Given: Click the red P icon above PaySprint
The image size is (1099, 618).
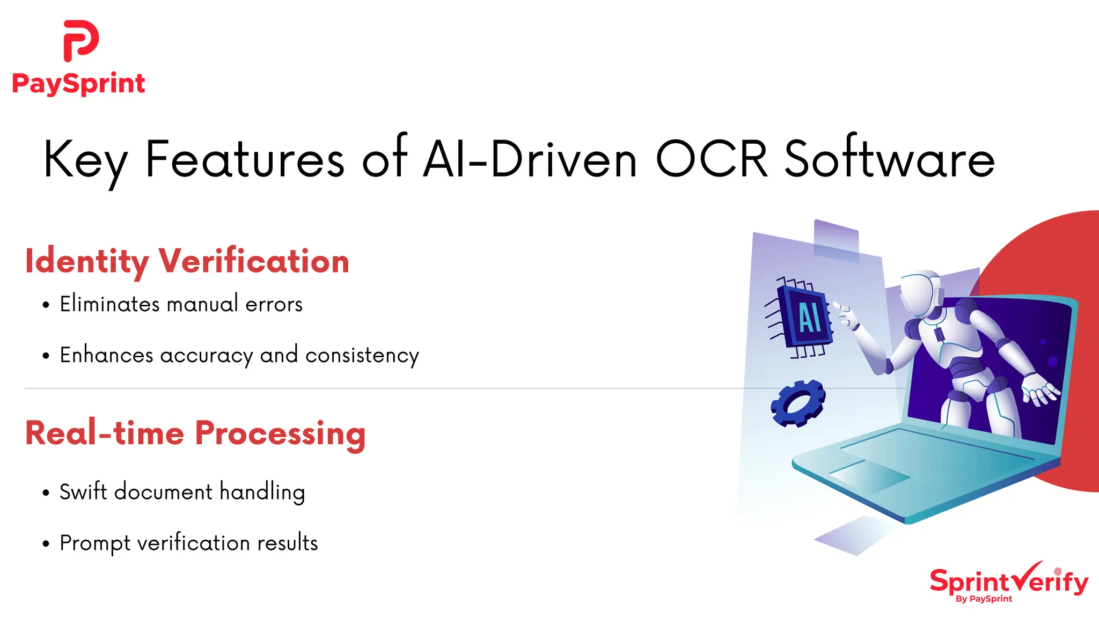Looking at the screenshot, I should pos(80,41).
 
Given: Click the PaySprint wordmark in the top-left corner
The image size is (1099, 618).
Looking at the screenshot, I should pos(78,84).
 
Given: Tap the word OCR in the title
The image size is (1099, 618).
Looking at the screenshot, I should pos(712,159).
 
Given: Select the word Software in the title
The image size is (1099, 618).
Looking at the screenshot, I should pos(889,159).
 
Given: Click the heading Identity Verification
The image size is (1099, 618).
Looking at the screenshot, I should pos(187,262).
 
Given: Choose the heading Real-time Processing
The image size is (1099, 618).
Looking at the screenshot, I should pos(195,433).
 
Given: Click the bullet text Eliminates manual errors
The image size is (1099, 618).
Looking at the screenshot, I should pos(181,304).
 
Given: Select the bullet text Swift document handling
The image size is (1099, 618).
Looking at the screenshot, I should pos(182,492).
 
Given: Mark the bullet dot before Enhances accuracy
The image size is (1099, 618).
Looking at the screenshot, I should pos(46,356).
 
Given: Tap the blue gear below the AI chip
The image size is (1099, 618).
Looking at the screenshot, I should pos(798,403).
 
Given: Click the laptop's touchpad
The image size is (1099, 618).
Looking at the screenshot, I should pos(869,475).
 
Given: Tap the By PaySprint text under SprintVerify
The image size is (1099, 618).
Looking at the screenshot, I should pos(984,599).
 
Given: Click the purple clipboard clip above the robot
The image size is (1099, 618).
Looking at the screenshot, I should pos(836,240).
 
